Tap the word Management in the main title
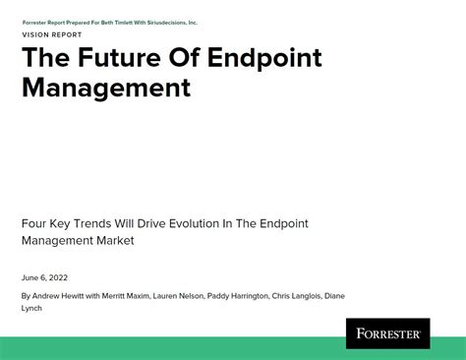[x=105, y=88]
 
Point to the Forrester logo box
[x=387, y=332]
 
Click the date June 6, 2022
[x=44, y=277]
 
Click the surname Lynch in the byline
[x=31, y=308]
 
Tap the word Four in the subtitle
[x=34, y=223]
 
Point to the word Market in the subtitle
[x=114, y=241]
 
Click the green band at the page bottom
[x=167, y=348]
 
